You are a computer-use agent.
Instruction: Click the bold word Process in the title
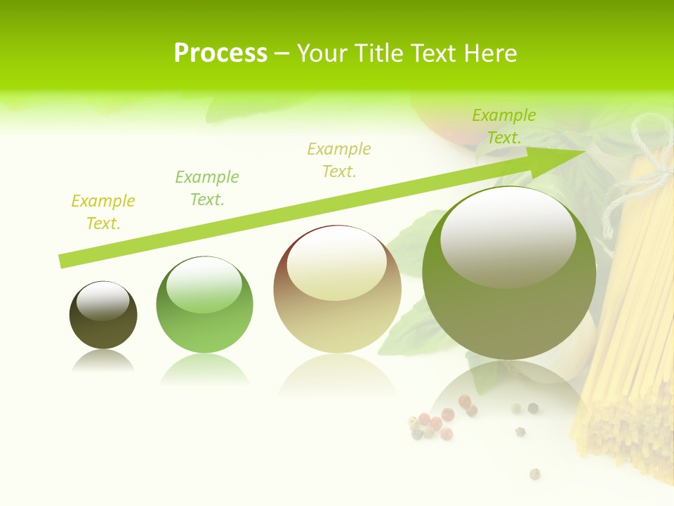click(220, 53)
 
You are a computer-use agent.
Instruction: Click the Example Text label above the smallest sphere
click(103, 212)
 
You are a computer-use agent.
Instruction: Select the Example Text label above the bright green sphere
click(207, 188)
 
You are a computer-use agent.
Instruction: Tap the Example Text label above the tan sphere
click(339, 160)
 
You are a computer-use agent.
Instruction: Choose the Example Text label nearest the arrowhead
click(504, 126)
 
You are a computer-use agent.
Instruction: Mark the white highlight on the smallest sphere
click(103, 301)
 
